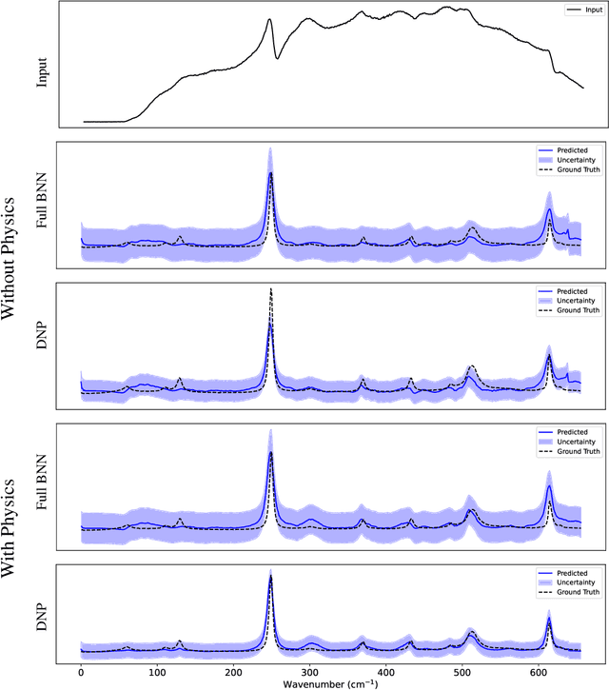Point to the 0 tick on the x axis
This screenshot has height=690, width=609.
point(82,671)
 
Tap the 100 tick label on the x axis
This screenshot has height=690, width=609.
point(158,671)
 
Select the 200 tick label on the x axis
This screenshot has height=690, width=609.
point(234,671)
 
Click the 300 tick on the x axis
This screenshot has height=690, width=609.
point(309,671)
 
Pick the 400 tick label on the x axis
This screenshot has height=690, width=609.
point(385,671)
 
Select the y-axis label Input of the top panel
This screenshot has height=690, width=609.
point(42,67)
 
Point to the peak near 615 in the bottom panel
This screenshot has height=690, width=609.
point(549,618)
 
